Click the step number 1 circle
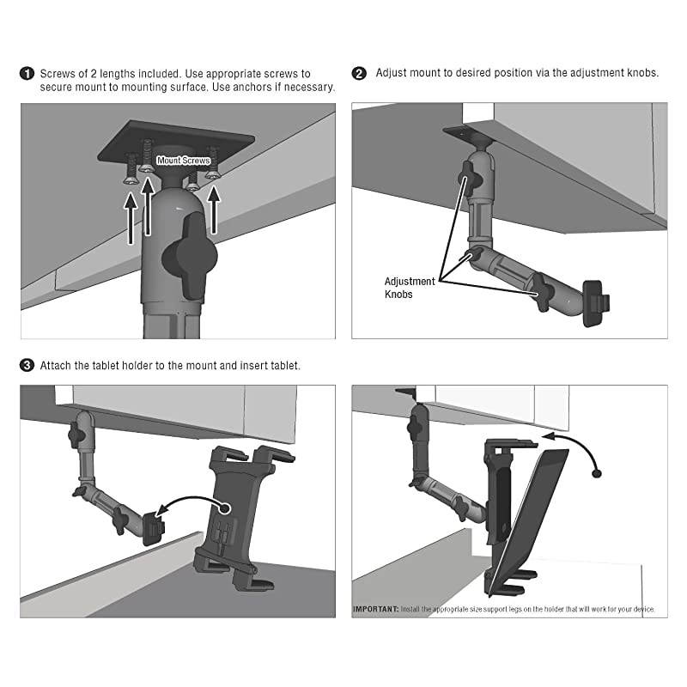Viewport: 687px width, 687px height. [x=27, y=74]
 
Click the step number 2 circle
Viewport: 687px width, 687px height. [x=360, y=74]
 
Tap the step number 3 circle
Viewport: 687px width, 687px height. [x=27, y=366]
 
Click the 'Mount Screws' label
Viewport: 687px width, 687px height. [x=183, y=161]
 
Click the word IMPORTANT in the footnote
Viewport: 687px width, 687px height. [x=375, y=610]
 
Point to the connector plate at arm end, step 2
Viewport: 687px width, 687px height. [x=591, y=303]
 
